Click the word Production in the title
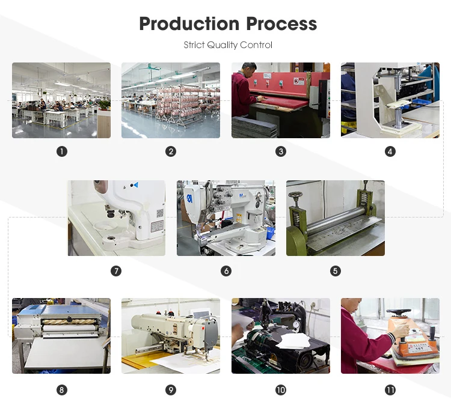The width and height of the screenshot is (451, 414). [x=182, y=23]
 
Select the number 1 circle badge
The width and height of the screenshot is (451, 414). [x=61, y=152]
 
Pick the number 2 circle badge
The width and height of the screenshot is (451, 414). [x=171, y=152]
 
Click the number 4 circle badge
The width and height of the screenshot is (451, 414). [x=390, y=152]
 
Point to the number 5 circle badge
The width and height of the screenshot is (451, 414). [x=336, y=271]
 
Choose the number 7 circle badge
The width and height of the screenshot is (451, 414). [x=116, y=271]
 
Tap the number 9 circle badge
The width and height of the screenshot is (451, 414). [x=171, y=390]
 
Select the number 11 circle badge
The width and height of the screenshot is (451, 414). [x=390, y=390]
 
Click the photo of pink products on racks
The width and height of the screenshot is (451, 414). [x=171, y=100]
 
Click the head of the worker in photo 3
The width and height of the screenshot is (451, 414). [x=248, y=69]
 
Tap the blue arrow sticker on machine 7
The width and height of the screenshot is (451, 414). [x=135, y=185]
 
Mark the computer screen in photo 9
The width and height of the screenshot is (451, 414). [x=200, y=314]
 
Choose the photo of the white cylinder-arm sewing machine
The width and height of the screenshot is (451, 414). [x=226, y=218]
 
